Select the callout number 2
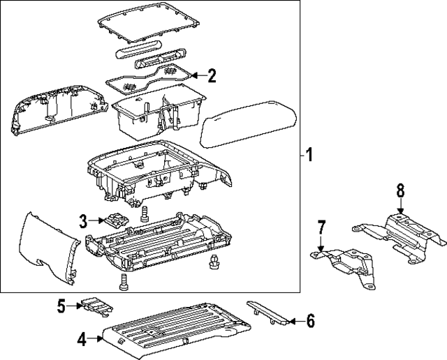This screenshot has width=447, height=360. pyautogui.click(x=212, y=75)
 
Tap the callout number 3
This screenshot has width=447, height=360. pyautogui.click(x=83, y=222)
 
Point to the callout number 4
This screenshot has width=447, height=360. pyautogui.click(x=82, y=340)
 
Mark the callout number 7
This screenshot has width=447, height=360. pyautogui.click(x=321, y=227)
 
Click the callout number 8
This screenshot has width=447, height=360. pyautogui.click(x=400, y=191)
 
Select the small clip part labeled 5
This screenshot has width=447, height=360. pyautogui.click(x=95, y=304)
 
